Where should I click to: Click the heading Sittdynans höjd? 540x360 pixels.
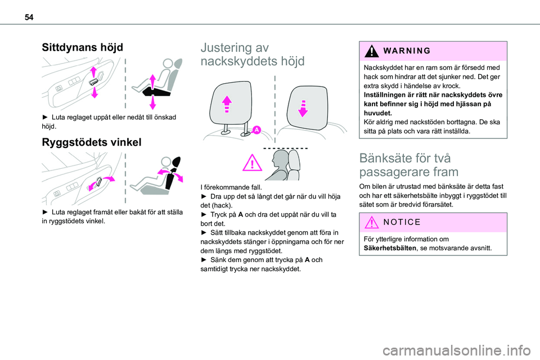coord(82,47)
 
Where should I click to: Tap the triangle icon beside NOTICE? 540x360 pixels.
coord(372,222)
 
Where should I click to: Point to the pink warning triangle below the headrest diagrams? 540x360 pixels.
coord(254,165)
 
